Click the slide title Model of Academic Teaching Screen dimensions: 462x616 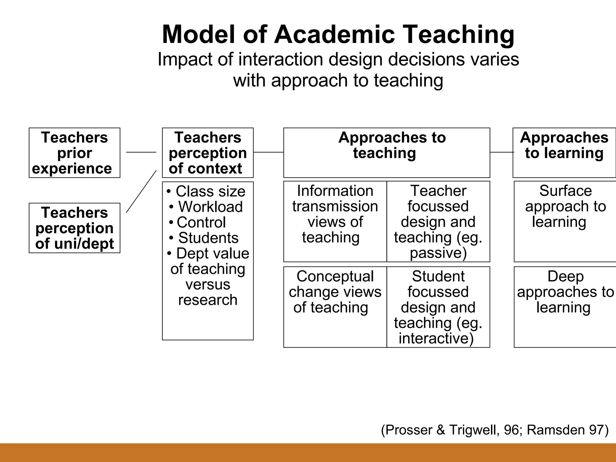338,34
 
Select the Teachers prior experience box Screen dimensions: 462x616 74,153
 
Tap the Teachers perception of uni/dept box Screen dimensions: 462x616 74,228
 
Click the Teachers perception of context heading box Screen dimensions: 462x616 208,153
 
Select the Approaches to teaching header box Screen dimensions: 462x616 387,153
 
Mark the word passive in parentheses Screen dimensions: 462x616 438,253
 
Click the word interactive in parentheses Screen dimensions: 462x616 436,338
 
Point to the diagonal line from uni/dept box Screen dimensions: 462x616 141,191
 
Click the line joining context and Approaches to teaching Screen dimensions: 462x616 268,152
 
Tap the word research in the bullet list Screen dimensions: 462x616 208,300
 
